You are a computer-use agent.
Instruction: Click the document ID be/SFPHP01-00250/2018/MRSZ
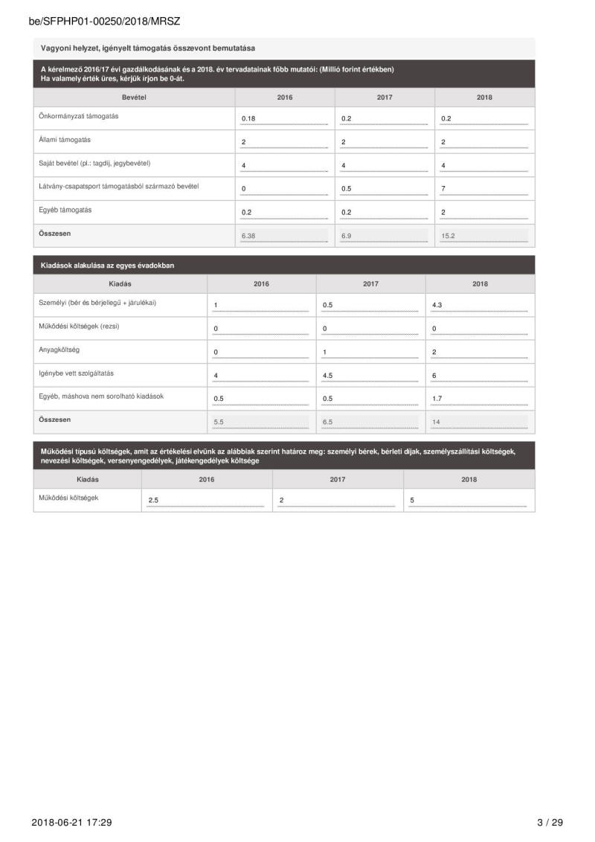[x=104, y=22]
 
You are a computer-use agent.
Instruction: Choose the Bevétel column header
[x=134, y=97]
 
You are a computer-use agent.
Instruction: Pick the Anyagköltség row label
[x=59, y=350]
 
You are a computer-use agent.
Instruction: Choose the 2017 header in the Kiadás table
[x=370, y=283]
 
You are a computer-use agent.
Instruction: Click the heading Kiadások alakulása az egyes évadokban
[x=108, y=265]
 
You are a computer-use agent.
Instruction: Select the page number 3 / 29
[x=550, y=822]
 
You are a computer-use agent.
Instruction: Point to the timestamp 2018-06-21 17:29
[x=71, y=822]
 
